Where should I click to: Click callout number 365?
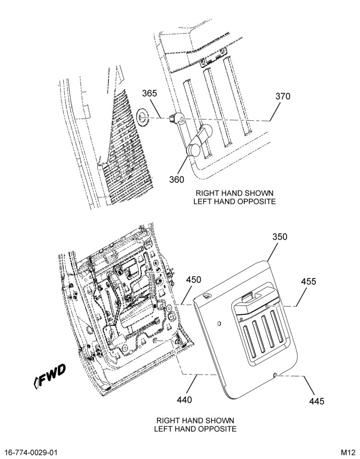coord(150,93)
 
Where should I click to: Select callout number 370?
coord(283,96)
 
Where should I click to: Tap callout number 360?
coord(177,179)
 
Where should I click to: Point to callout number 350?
coord(280,236)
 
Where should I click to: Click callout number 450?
coord(194,280)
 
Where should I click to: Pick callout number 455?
coord(309,281)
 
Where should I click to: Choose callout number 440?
coord(185,400)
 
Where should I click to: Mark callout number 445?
coord(317,401)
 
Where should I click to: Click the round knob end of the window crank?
coord(193,150)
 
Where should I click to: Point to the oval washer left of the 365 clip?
coord(142,118)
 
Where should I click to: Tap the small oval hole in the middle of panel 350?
coord(219,324)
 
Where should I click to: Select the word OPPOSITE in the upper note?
coord(256,202)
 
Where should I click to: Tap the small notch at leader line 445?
coord(276,375)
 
